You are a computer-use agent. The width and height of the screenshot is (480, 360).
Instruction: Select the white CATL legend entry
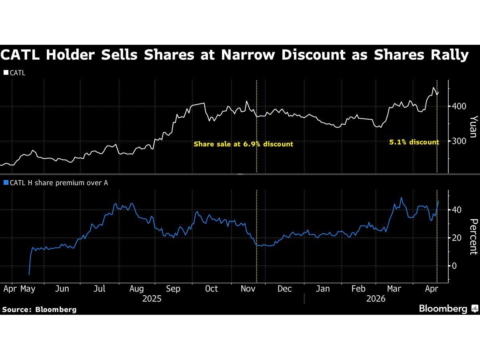pos(15,73)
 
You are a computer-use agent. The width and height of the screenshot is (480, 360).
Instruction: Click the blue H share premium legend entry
pos(56,183)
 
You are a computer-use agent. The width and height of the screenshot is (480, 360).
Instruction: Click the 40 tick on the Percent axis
pos(457,210)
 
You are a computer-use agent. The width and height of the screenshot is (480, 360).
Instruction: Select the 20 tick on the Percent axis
pos(457,238)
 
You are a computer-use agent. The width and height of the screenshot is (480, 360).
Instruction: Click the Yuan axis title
pos(473,126)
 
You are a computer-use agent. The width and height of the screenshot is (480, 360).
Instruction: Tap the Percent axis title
pos(473,237)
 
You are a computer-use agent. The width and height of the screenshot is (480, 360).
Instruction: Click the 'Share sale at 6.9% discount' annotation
pos(243,144)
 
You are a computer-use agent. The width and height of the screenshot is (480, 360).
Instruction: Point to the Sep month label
pos(173,289)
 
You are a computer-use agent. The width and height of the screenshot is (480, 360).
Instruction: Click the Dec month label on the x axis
pos(284,289)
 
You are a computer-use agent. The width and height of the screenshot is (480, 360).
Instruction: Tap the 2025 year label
pos(152,299)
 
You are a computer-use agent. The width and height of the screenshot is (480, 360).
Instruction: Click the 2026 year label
pos(376,299)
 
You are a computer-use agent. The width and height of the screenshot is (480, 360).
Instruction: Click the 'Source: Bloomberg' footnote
pos(39,309)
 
